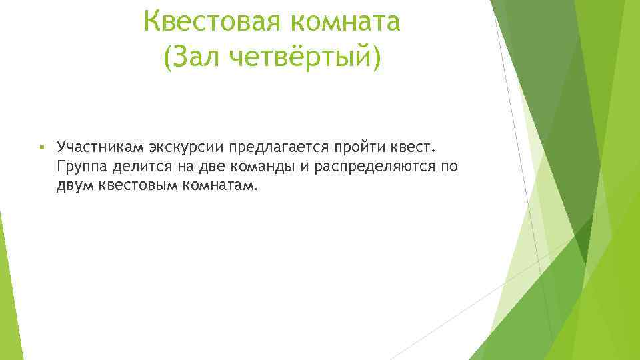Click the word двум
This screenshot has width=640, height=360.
(75, 185)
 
